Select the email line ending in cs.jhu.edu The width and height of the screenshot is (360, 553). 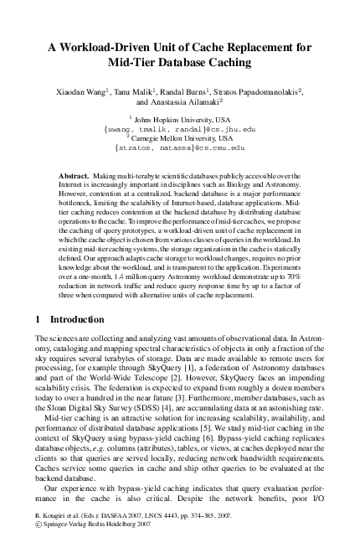pos(180,130)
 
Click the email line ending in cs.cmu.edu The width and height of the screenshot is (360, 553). pos(180,147)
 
